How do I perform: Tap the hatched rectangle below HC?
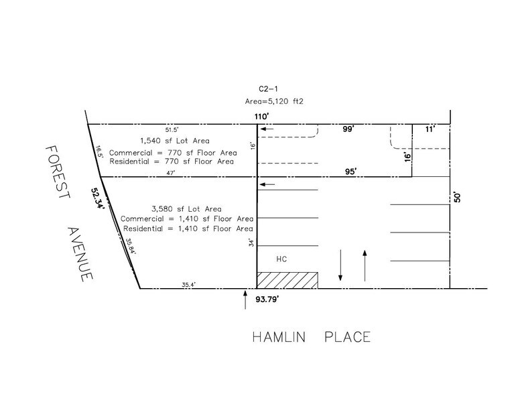pos(287,280)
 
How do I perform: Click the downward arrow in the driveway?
pos(341,265)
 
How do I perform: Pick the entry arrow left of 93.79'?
pos(245,300)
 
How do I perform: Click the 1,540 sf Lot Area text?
pos(174,141)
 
